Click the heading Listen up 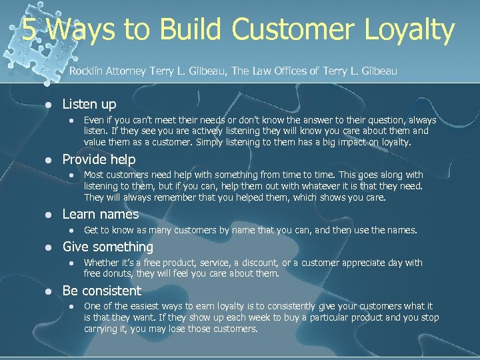(89, 104)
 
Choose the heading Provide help (99, 159)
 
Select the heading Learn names (100, 214)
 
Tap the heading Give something (107, 247)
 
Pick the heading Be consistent (101, 291)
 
